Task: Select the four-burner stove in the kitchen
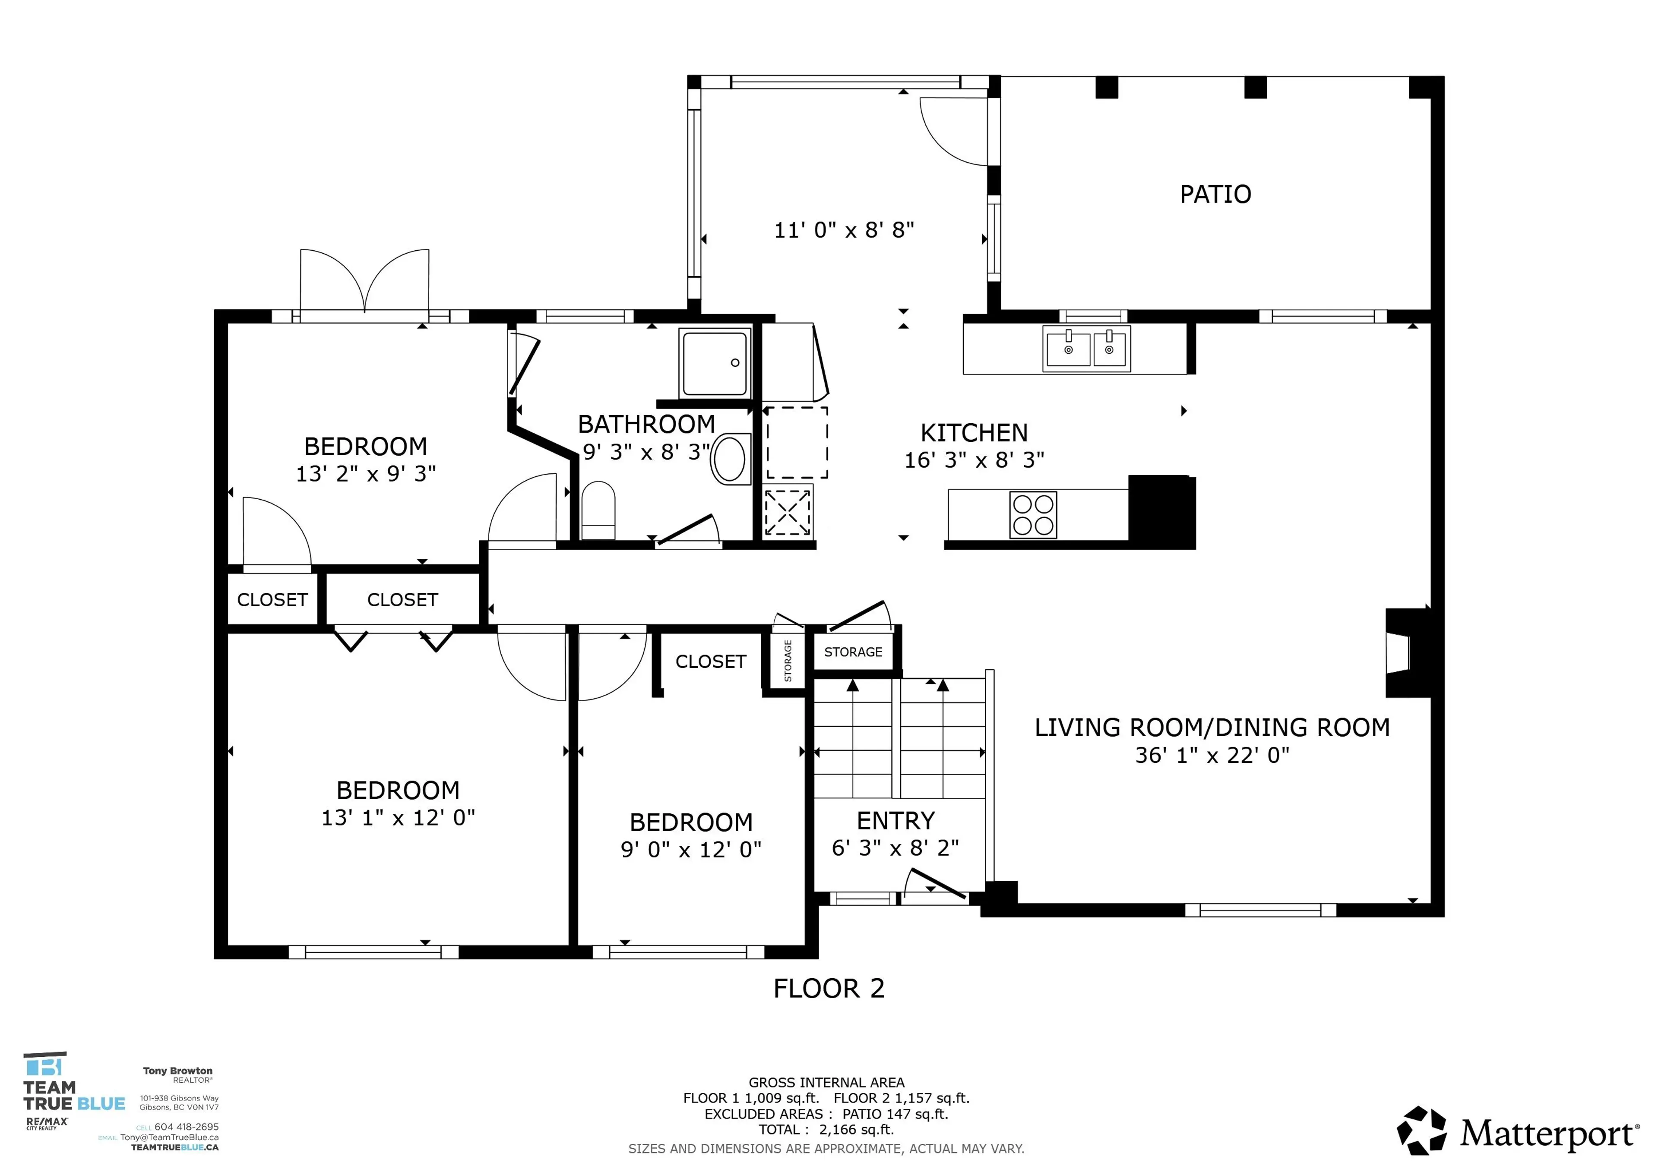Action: [1033, 514]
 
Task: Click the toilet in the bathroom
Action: [598, 511]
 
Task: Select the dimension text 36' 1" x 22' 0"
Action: [1212, 755]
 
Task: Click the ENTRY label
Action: [895, 821]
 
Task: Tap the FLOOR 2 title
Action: [828, 988]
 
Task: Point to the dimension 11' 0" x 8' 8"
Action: [843, 230]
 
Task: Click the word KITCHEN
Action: [973, 433]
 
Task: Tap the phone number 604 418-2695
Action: [186, 1127]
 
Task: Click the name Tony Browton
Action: [177, 1071]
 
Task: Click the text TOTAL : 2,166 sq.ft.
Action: [826, 1129]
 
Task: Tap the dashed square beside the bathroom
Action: [797, 442]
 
